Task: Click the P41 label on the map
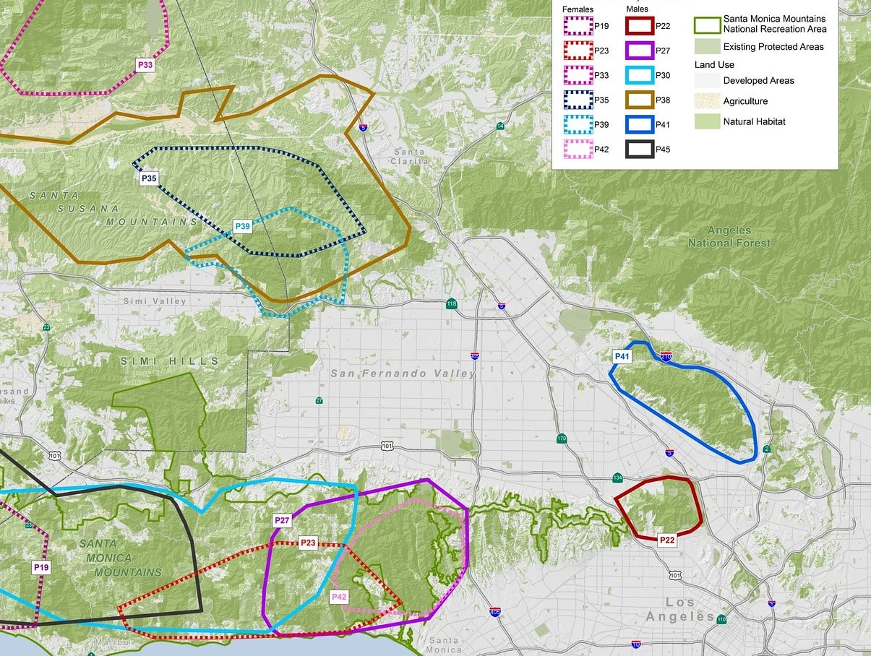622,356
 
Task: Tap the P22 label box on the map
666,540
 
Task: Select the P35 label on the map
149,177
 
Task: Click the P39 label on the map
243,227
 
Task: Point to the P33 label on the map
145,64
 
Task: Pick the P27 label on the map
282,520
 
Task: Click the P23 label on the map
309,543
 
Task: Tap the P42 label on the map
339,597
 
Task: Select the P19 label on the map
41,568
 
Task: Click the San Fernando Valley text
403,374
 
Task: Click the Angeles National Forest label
729,237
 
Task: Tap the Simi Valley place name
155,301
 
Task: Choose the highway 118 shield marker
452,303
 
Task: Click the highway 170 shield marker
562,439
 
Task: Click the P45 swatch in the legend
640,150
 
